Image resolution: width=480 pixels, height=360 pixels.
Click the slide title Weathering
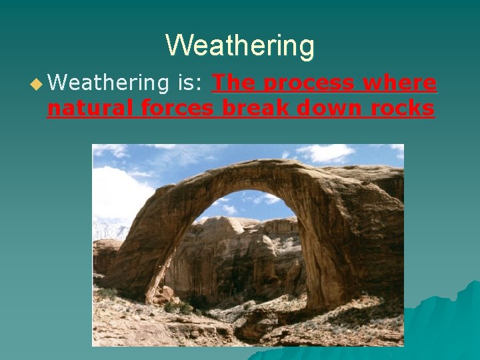pyautogui.click(x=240, y=46)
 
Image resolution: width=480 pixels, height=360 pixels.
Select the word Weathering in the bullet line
pyautogui.click(x=108, y=83)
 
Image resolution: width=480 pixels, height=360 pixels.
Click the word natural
pyautogui.click(x=93, y=108)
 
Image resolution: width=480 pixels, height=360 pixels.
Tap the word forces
pyautogui.click(x=180, y=108)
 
